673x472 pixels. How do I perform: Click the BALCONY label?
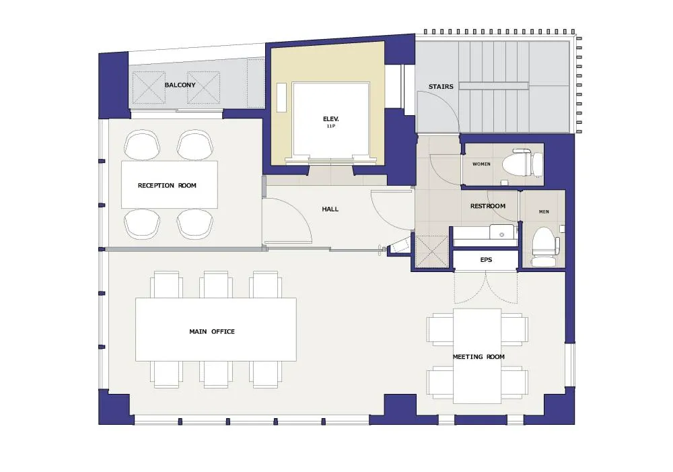click(180, 85)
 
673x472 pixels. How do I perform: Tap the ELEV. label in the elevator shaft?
click(331, 119)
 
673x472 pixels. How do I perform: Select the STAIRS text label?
click(441, 87)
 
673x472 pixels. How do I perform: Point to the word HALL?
click(330, 209)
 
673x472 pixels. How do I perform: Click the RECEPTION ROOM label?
click(167, 186)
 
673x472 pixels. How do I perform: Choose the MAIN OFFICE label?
click(212, 331)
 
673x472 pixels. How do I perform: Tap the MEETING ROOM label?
click(479, 356)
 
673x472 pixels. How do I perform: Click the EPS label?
click(486, 260)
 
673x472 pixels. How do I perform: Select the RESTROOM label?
click(487, 206)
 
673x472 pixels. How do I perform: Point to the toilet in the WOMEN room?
click(522, 163)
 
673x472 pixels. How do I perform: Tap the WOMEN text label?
click(481, 164)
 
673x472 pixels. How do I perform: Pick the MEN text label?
click(544, 211)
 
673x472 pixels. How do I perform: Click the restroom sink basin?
click(502, 232)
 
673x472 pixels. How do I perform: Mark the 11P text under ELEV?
click(330, 127)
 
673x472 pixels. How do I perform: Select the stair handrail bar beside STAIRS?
click(493, 86)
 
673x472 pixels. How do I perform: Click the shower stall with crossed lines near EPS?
click(432, 252)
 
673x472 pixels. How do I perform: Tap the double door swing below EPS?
click(486, 288)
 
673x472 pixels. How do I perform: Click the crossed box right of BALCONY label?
click(203, 88)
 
